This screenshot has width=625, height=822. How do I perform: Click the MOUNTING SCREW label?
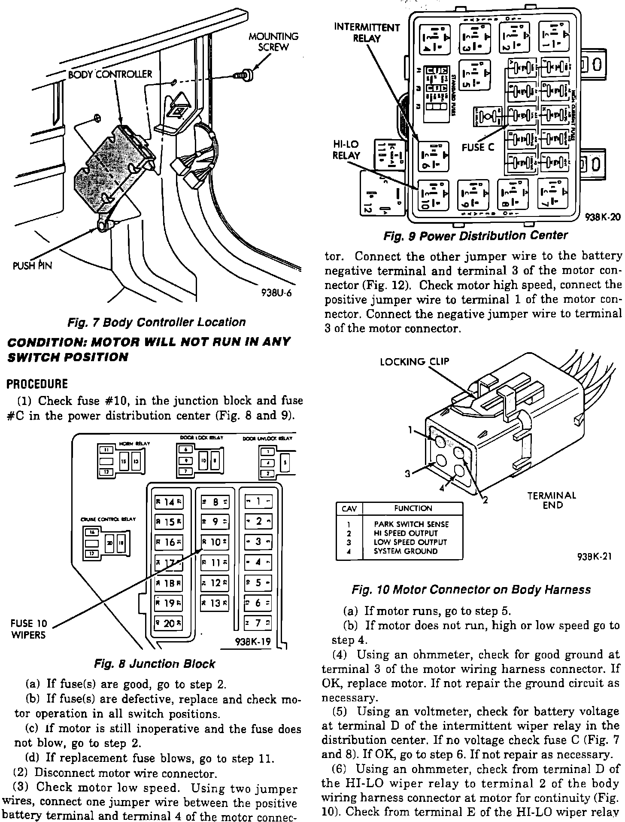[273, 42]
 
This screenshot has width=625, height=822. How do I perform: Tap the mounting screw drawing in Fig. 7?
[246, 76]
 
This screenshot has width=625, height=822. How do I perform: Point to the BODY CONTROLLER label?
[110, 74]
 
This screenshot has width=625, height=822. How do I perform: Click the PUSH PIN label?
[32, 265]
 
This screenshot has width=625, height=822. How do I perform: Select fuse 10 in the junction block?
[215, 542]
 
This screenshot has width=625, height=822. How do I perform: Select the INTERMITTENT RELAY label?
[367, 33]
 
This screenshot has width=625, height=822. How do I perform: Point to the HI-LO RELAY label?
[346, 149]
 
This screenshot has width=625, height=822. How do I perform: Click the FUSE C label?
[478, 148]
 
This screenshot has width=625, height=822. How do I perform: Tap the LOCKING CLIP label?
[414, 362]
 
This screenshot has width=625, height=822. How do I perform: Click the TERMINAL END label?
[552, 500]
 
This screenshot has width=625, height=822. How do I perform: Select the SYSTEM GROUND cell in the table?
[406, 551]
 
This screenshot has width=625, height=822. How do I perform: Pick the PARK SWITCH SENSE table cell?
[411, 524]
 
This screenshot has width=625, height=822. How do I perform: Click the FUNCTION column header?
[413, 508]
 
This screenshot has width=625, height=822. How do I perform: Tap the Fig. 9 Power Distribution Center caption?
[475, 236]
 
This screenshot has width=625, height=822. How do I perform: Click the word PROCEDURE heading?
[37, 384]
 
